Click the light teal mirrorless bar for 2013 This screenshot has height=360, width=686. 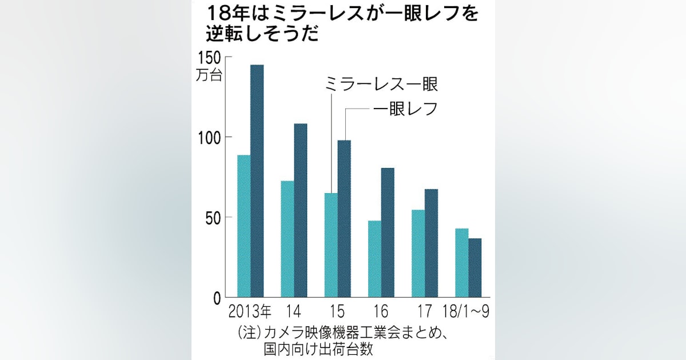(244, 226)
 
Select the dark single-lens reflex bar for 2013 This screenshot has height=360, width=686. (257, 181)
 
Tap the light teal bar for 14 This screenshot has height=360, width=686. (287, 239)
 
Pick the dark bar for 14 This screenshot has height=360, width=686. (301, 210)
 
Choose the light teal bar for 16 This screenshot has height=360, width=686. (374, 258)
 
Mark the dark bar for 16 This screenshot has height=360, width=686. (388, 232)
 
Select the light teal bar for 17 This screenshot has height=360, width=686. (418, 253)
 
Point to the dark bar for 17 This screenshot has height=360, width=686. (431, 243)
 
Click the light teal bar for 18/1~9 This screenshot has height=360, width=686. (462, 262)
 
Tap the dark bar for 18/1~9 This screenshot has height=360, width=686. (475, 267)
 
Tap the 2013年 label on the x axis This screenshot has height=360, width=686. (250, 311)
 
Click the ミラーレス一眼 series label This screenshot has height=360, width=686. (381, 84)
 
